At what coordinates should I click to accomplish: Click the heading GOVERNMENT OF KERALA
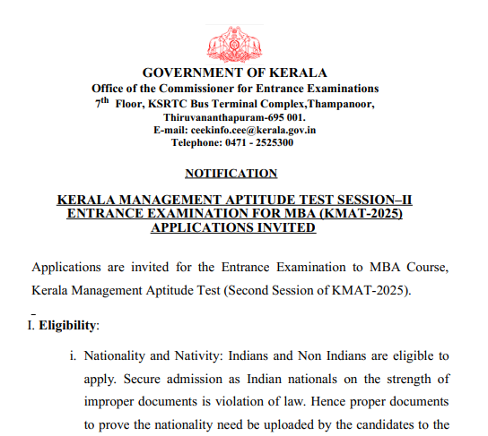pyautogui.click(x=235, y=73)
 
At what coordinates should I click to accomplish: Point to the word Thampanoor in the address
pyautogui.click(x=335, y=103)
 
